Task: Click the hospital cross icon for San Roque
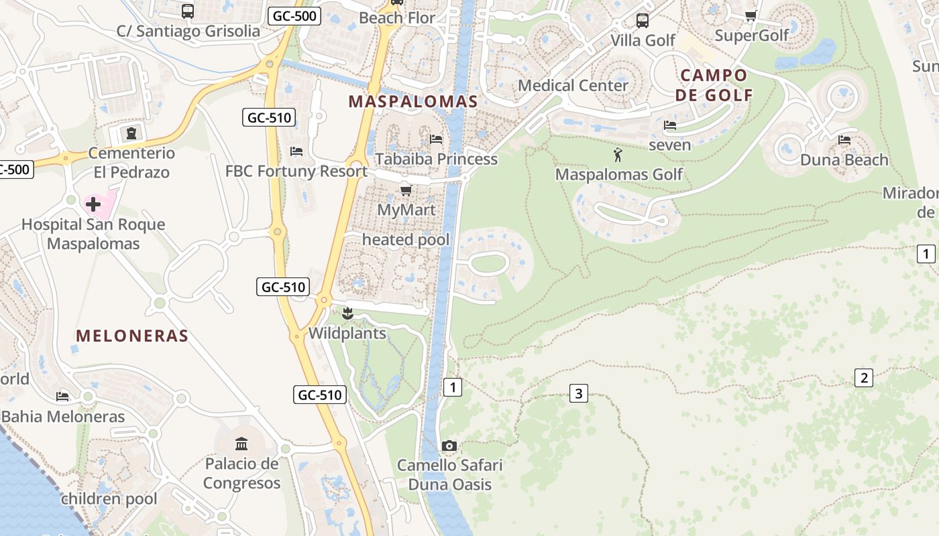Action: tap(93, 204)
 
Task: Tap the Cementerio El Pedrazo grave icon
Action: tap(131, 133)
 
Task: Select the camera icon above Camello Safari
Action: tap(449, 446)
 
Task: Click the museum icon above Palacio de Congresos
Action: tap(241, 443)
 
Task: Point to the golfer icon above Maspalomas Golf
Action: tap(618, 155)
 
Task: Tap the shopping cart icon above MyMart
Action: tap(406, 191)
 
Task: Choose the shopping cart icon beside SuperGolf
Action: tap(751, 16)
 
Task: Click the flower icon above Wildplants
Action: tap(347, 314)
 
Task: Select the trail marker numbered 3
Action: tap(578, 393)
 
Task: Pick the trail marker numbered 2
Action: tap(864, 378)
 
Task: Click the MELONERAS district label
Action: tap(132, 336)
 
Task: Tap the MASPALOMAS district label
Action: tap(413, 102)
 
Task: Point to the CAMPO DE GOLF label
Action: tap(714, 85)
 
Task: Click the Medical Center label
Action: tap(573, 86)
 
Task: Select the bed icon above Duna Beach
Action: tap(844, 140)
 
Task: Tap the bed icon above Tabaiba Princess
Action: tap(436, 139)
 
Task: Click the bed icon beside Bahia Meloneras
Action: tap(63, 397)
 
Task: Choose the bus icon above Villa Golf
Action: tap(643, 21)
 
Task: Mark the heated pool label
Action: tap(406, 239)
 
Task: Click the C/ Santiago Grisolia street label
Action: tap(188, 31)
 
